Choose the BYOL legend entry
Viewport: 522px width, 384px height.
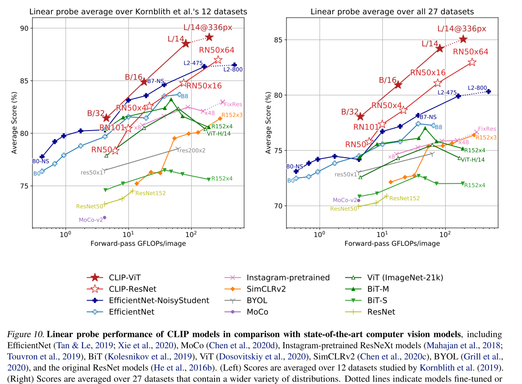click(256, 300)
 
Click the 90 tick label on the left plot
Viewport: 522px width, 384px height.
click(24, 28)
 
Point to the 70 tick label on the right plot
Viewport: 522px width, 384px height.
click(278, 206)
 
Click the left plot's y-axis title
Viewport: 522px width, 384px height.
click(15, 122)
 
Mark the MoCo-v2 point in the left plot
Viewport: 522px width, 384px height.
click(104, 217)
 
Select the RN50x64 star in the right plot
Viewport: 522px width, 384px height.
click(472, 62)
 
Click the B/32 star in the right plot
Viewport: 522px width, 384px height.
click(360, 117)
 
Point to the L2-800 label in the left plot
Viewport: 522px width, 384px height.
click(233, 70)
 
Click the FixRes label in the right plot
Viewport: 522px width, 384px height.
click(487, 129)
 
